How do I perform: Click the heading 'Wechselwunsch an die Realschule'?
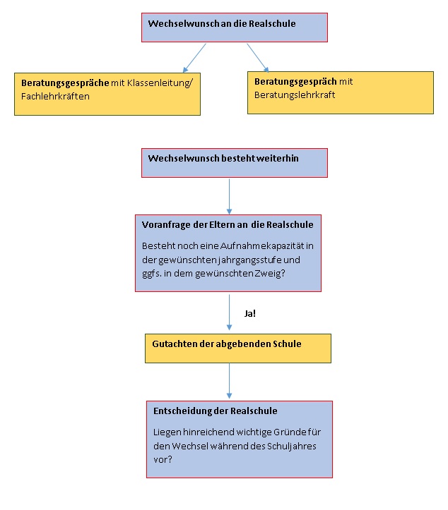coord(222,23)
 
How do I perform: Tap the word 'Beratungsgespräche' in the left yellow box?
coord(65,83)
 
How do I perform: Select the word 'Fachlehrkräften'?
coord(55,96)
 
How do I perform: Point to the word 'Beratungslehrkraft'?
coord(295,95)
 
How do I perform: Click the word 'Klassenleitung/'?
coord(160,83)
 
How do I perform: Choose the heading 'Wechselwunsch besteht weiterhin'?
coord(223,159)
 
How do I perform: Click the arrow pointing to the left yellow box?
coord(194,58)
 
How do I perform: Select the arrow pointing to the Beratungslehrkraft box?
coord(258,58)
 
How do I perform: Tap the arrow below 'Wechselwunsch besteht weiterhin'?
coord(229,197)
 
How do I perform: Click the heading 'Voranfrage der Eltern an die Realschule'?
coord(228,225)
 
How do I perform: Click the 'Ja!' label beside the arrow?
coord(250,313)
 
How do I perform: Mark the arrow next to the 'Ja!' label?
coord(229,312)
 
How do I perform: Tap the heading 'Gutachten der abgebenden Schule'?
coord(227,344)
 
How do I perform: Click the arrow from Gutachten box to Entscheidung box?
coord(229,381)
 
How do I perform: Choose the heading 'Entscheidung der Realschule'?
coord(216,411)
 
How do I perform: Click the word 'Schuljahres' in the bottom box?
coord(292,447)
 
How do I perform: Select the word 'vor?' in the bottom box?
coord(163,460)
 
